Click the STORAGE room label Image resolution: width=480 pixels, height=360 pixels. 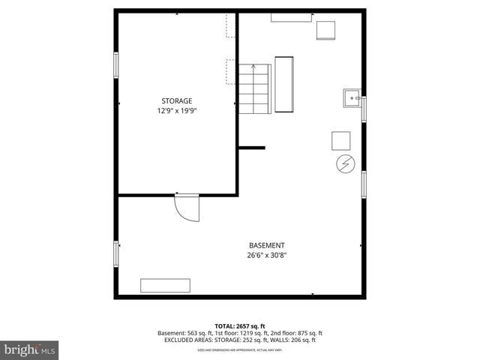pyautogui.click(x=177, y=100)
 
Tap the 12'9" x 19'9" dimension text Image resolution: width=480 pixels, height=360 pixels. pyautogui.click(x=177, y=111)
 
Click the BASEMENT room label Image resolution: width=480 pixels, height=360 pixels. pyautogui.click(x=267, y=245)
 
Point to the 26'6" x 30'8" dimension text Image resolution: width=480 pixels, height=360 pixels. pyautogui.click(x=267, y=255)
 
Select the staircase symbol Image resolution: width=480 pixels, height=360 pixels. pyautogui.click(x=254, y=88)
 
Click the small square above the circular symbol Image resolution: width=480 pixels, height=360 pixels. pyautogui.click(x=341, y=140)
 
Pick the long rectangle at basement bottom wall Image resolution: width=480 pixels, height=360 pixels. pyautogui.click(x=165, y=285)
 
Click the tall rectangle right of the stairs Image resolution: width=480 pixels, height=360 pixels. pyautogui.click(x=284, y=84)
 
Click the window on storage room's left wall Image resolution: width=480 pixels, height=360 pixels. pyautogui.click(x=115, y=64)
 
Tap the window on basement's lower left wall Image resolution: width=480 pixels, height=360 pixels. pyautogui.click(x=115, y=253)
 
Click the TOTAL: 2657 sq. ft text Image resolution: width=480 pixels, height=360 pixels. pyautogui.click(x=239, y=326)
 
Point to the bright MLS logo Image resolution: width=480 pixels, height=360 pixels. pyautogui.click(x=29, y=349)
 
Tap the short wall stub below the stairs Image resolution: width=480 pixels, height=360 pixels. pyautogui.click(x=252, y=148)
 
